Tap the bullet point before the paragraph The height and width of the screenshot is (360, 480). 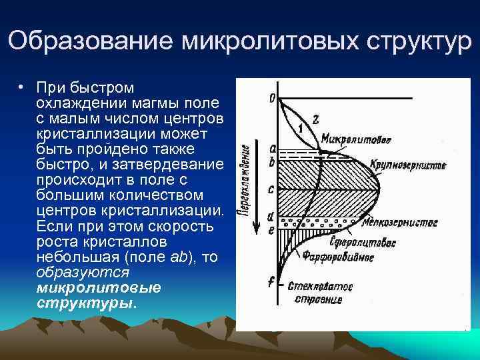click(x=21, y=88)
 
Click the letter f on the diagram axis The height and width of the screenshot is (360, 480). click(x=271, y=282)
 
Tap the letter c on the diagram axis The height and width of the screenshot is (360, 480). click(x=271, y=189)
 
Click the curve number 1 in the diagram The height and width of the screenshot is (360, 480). click(x=301, y=128)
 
